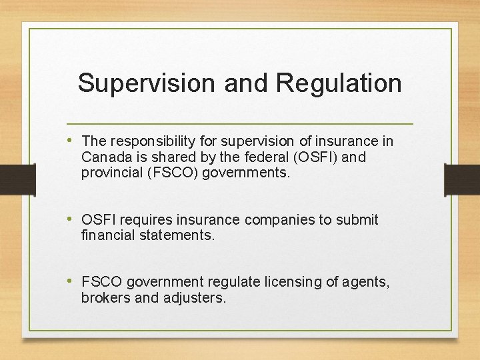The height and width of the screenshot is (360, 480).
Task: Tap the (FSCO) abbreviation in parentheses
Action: pyautogui.click(x=171, y=173)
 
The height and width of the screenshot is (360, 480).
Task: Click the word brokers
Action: pyautogui.click(x=105, y=298)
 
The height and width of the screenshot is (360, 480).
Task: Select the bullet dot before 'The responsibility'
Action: pyautogui.click(x=71, y=141)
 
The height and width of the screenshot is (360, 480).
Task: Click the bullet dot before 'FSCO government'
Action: pyautogui.click(x=71, y=282)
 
